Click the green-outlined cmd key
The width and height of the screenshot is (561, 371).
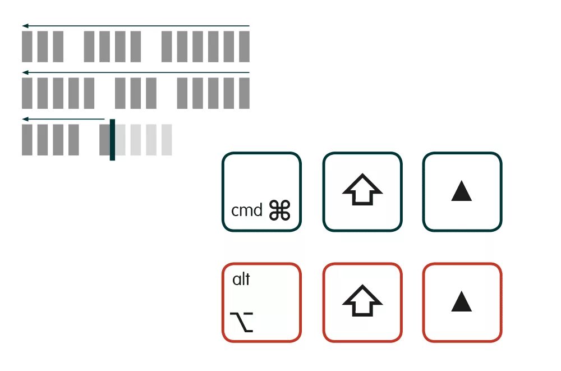pos(261,191)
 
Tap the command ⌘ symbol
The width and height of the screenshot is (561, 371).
pos(280,210)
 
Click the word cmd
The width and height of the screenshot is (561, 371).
pos(247,210)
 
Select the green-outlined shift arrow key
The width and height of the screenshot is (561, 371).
pos(362,191)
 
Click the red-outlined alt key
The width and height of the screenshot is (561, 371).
pos(261,303)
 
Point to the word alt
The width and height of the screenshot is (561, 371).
pos(241,279)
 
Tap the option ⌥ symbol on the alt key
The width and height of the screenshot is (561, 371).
pos(242,321)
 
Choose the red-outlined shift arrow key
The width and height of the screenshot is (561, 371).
pos(362,303)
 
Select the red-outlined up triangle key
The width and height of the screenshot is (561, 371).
pos(462,303)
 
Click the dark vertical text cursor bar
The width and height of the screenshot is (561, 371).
pos(112,139)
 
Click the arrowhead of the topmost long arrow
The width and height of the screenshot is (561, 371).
pos(25,26)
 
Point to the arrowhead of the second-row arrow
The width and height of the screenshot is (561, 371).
pos(25,72)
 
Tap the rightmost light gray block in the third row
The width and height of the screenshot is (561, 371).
pos(167,139)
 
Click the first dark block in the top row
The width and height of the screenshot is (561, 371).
pos(27,47)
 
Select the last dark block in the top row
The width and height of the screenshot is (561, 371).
pos(244,47)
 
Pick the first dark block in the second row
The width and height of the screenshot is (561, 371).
pos(27,93)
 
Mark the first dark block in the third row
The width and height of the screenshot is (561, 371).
pos(27,139)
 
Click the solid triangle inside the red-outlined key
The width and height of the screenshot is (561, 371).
pos(462,303)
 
